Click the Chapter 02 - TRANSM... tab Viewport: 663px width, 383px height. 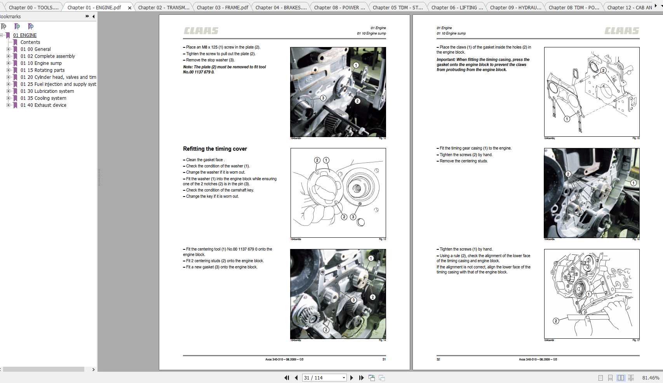[164, 7]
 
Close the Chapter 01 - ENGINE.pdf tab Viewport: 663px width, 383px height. [130, 8]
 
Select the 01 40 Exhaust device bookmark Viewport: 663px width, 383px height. [43, 105]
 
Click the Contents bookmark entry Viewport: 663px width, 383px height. [30, 42]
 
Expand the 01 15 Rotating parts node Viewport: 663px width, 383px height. [9, 70]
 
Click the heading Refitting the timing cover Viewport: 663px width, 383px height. [215, 149]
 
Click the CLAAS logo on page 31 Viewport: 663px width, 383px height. [201, 31]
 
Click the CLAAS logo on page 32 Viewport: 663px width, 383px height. [621, 31]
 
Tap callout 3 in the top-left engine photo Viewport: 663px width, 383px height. [323, 98]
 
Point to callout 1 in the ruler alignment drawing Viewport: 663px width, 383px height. [588, 294]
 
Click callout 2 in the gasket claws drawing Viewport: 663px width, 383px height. [603, 70]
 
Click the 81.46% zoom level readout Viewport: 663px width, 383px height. [651, 378]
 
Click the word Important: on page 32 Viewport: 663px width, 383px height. [445, 60]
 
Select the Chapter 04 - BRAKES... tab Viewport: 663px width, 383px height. [281, 7]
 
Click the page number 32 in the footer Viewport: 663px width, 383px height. [438, 359]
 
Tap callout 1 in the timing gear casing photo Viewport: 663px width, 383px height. [633, 183]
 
